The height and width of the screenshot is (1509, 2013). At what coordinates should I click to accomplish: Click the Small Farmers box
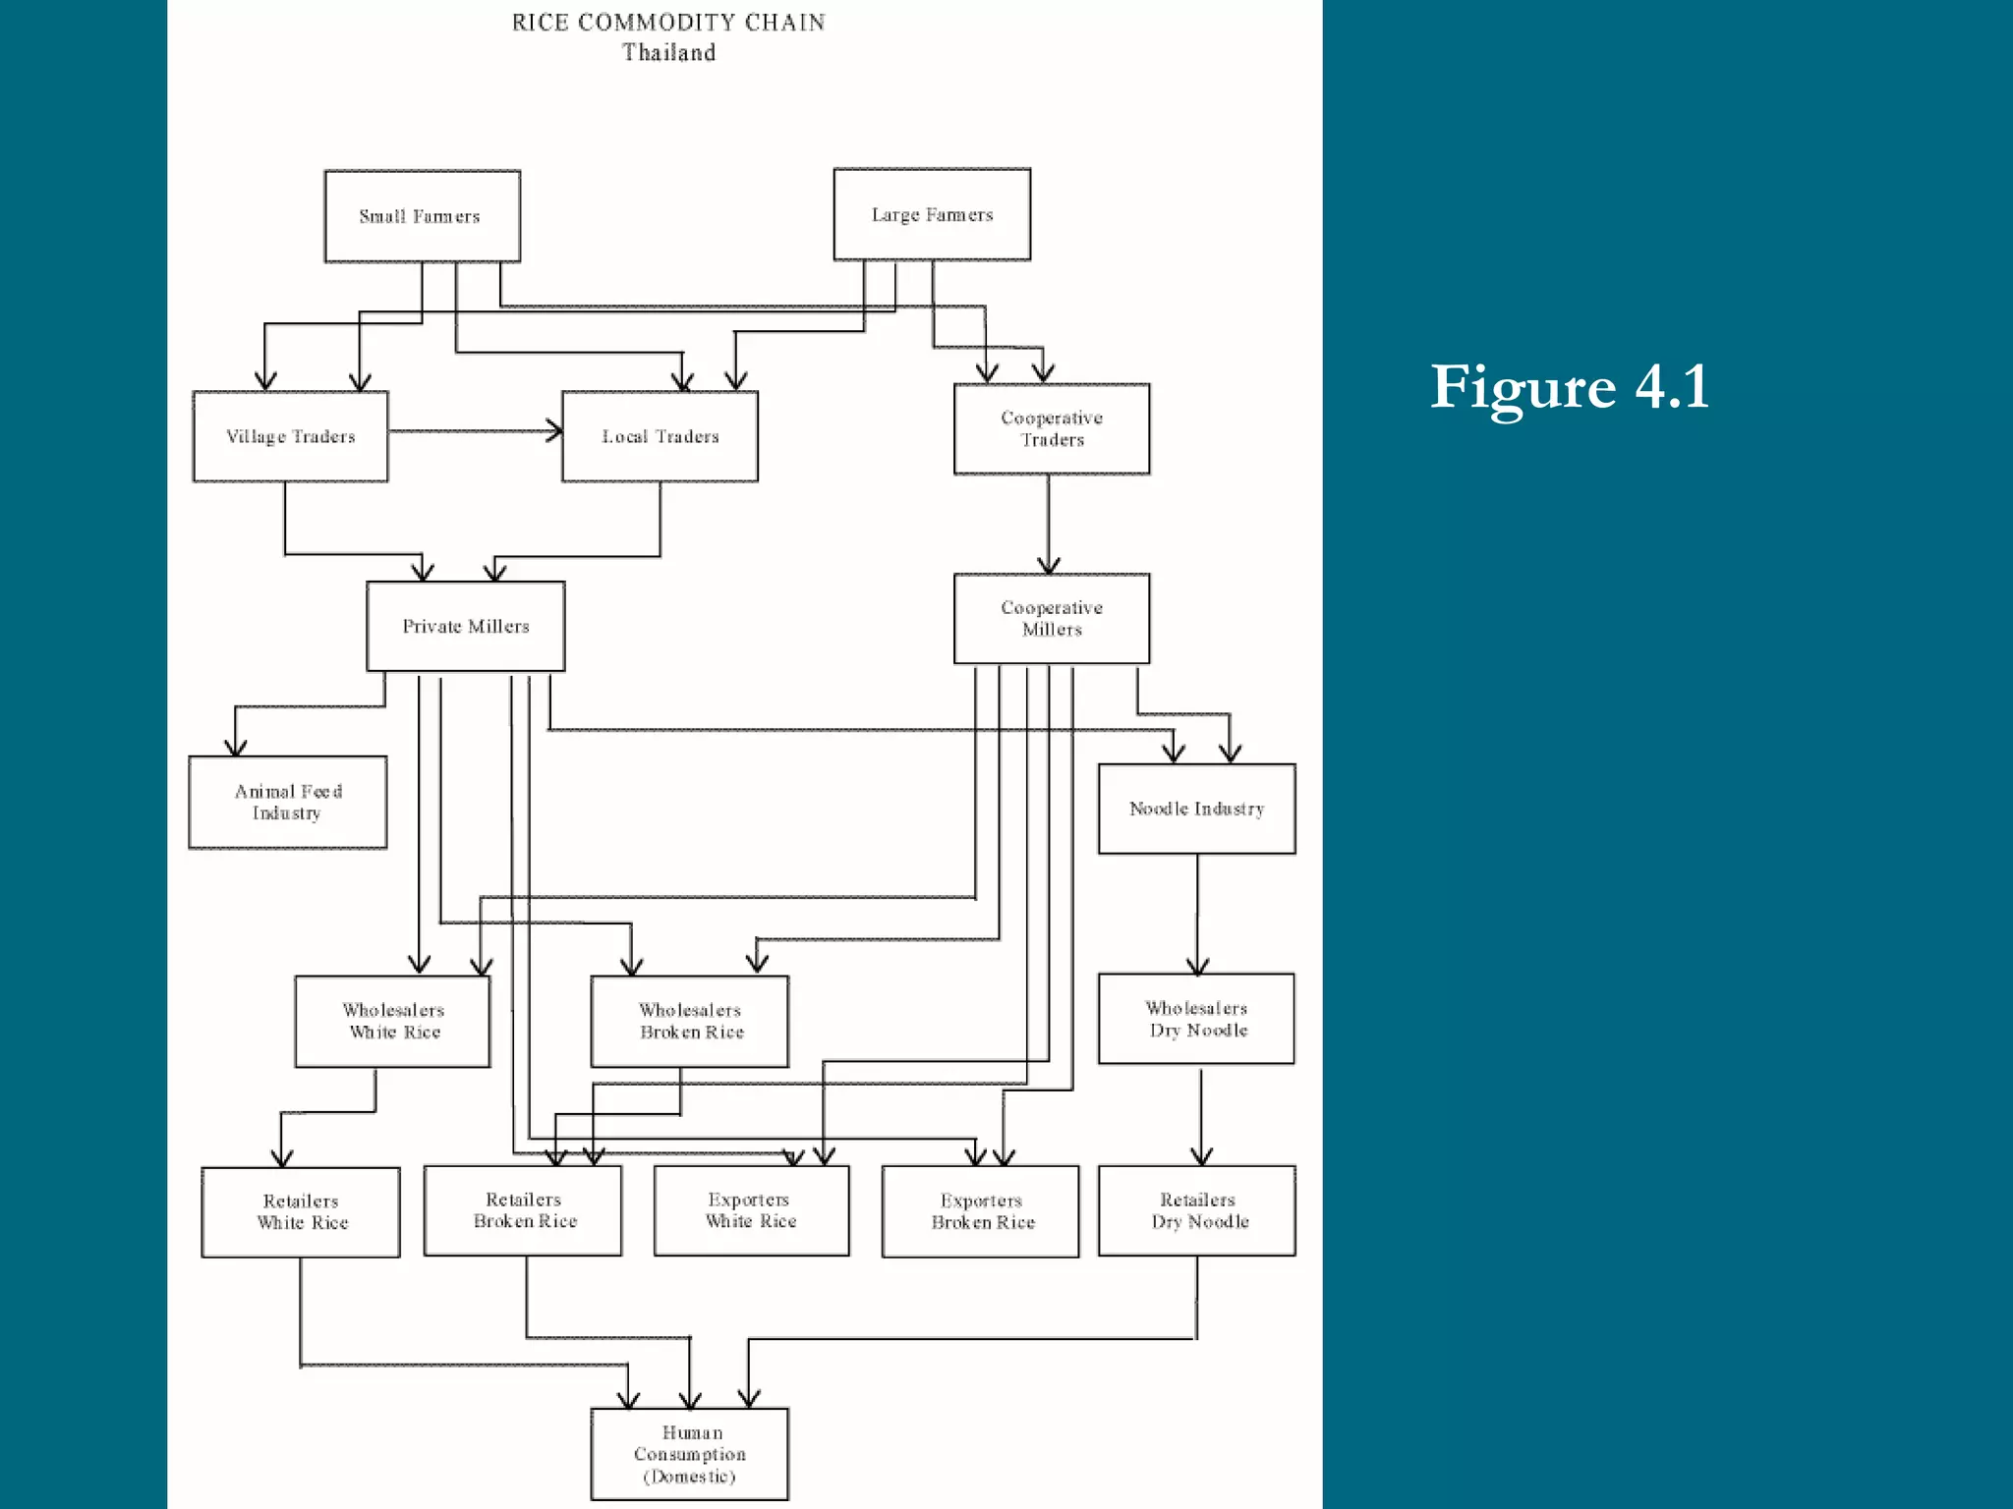coord(422,216)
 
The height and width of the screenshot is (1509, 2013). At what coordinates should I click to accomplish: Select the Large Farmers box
coord(932,214)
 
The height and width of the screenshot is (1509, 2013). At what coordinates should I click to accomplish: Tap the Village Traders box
coord(290,436)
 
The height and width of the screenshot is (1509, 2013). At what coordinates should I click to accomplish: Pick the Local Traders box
coord(660,436)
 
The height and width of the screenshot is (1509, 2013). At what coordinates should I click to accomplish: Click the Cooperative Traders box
coord(1051,428)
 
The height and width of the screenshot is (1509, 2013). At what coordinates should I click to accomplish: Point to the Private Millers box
coord(465,626)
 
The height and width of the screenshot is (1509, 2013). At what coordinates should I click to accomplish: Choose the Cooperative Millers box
coord(1051,618)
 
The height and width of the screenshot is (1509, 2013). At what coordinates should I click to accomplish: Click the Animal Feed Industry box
coord(287,802)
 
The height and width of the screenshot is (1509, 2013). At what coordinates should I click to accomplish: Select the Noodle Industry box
coord(1196,809)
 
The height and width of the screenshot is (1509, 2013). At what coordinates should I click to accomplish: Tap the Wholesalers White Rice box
coord(392,1021)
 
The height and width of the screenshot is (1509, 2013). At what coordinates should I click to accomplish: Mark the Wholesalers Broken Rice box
coord(689,1021)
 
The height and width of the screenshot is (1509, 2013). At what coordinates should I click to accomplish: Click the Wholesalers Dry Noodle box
coord(1196,1019)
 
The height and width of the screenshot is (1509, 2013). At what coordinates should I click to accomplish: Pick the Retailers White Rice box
coord(301,1211)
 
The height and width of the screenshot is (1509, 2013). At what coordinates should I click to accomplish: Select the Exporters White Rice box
coord(751,1210)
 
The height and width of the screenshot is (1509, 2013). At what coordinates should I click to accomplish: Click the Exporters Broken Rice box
coord(980,1211)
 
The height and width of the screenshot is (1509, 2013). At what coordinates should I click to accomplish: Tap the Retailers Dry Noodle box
coord(1196,1210)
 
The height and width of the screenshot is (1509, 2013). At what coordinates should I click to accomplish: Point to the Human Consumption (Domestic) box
coord(689,1454)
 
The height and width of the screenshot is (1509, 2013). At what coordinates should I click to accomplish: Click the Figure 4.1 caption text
coord(1570,386)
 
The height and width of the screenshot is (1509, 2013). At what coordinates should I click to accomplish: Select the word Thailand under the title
coord(668,52)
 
